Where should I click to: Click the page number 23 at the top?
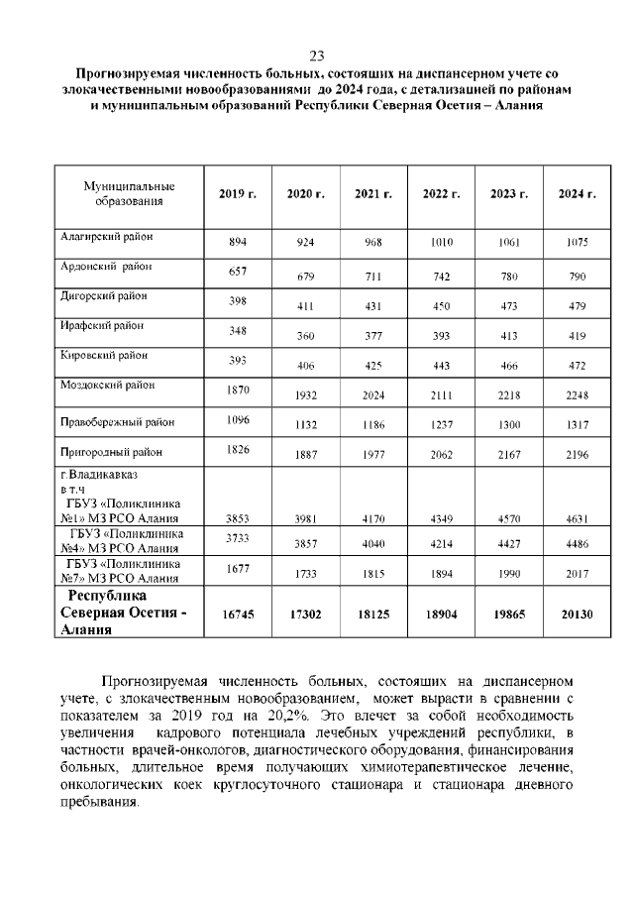[x=317, y=55]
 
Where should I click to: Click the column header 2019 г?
[x=238, y=193]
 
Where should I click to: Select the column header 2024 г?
[x=578, y=193]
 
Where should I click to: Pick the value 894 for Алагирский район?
[x=237, y=242]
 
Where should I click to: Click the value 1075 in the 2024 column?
[x=578, y=242]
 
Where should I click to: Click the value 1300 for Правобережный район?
[x=509, y=426]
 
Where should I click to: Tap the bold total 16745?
[x=238, y=615]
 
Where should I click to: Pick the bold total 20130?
[x=578, y=615]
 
